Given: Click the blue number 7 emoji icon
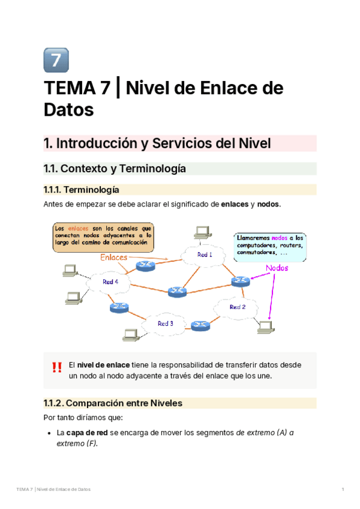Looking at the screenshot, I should click(56, 60).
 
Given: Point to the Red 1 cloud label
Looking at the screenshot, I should click(205, 254).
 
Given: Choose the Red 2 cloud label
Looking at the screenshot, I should click(238, 307).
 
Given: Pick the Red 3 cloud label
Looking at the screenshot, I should click(166, 324).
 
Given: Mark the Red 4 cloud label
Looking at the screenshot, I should click(110, 282).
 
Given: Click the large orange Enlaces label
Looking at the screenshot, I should click(114, 258).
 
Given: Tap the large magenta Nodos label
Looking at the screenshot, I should click(277, 268).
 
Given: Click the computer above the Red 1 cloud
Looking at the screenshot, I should click(201, 232).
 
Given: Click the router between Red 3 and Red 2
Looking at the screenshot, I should click(199, 325).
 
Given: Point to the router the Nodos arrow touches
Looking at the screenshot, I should click(241, 280).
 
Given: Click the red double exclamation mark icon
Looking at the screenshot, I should click(57, 367).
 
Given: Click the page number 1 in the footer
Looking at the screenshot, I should click(343, 490).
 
